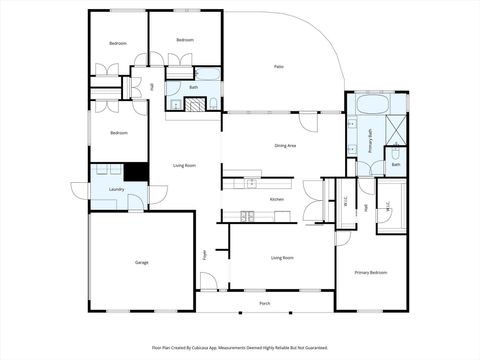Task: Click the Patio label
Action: tap(278, 67)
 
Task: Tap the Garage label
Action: tap(142, 262)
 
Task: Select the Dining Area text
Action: tap(285, 146)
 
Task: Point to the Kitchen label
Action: tap(277, 200)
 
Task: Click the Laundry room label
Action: tap(116, 188)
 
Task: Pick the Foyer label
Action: tap(204, 255)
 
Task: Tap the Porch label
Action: tap(265, 303)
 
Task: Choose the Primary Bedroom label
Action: tap(371, 272)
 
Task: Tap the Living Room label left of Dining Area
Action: tap(184, 165)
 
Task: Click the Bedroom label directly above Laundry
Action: tap(118, 133)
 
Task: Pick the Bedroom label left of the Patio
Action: tap(184, 40)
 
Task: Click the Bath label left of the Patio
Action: tap(194, 88)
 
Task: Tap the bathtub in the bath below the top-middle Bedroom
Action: tap(207, 73)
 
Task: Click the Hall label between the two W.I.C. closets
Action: tap(366, 207)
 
